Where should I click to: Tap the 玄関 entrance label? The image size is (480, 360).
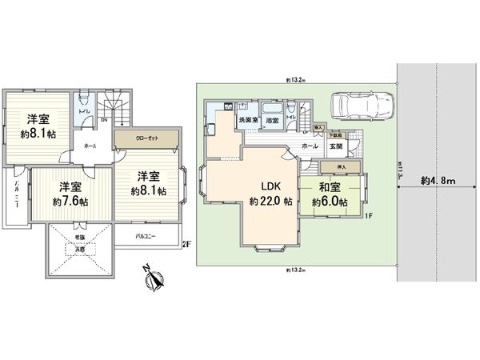click(335, 146)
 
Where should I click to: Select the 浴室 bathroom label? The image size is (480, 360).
click(272, 121)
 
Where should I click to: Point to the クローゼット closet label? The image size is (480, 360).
click(147, 138)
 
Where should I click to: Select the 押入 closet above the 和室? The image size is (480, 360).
click(328, 166)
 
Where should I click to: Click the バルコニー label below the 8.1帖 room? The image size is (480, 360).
click(146, 237)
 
